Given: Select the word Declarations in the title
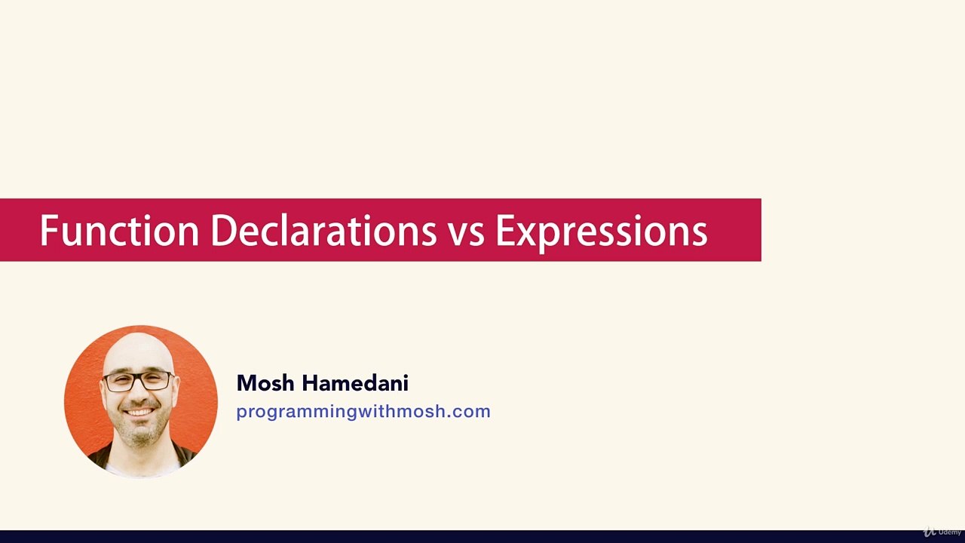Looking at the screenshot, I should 323,231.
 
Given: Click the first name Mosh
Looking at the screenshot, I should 265,383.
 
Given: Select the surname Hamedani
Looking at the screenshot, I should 355,383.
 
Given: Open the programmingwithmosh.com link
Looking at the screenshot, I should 363,412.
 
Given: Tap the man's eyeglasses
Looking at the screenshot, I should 139,381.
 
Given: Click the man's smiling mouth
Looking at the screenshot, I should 140,412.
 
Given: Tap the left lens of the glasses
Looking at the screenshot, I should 121,382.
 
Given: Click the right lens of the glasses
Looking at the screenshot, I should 157,380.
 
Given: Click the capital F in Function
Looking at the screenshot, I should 47,231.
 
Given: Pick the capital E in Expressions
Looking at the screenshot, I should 504,231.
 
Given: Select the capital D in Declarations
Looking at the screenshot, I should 222,231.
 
